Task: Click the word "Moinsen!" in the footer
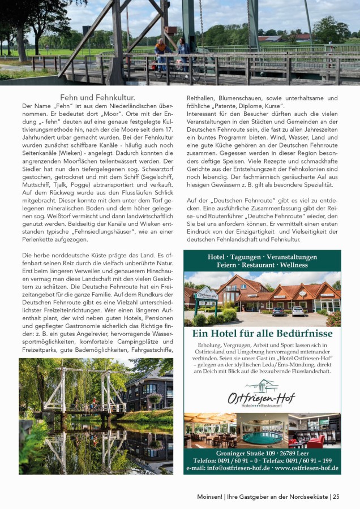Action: point(209,497)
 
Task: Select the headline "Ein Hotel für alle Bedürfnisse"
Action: point(262,334)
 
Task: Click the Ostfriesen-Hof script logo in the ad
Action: point(262,395)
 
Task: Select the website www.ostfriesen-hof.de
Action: point(306,468)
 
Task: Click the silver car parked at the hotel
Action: point(298,310)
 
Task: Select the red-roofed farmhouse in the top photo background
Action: point(289,38)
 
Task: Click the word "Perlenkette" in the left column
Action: point(38,240)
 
